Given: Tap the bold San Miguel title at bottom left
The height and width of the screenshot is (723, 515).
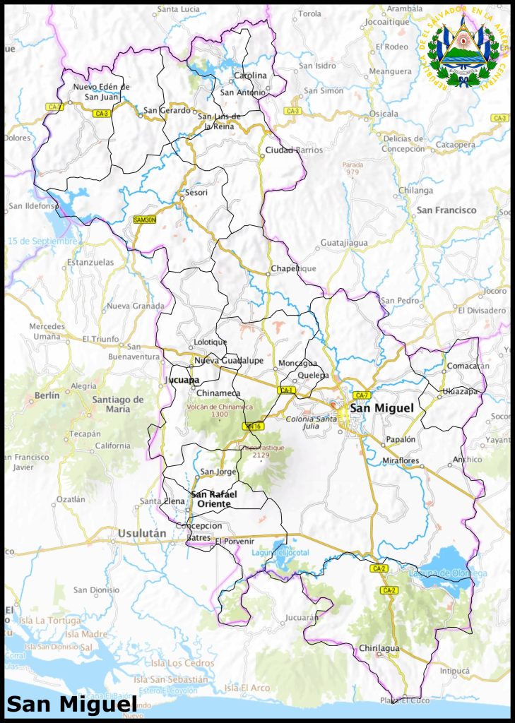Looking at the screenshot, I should tap(71, 704).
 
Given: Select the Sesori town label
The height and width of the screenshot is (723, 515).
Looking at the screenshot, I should tap(196, 192).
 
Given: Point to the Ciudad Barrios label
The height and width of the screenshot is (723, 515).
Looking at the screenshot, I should tap(294, 150).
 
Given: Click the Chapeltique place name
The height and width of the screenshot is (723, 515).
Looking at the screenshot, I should tap(293, 269).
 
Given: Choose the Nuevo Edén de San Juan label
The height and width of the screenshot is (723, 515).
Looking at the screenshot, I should tap(102, 92).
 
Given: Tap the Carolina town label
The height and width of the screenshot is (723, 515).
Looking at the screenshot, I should tap(250, 76).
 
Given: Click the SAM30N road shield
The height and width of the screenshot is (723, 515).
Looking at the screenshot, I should tap(144, 220).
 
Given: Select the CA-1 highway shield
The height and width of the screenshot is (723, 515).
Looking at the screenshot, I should tap(288, 390).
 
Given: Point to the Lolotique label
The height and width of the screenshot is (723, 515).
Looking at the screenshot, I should tap(211, 342).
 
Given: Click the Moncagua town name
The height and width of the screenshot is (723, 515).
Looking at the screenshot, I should tap(298, 363).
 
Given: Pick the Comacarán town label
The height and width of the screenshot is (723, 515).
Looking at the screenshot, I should tap(468, 366).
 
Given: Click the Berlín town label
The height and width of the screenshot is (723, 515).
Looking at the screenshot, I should tap(47, 395).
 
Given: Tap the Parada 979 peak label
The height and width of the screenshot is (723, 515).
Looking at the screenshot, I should tap(352, 168).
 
